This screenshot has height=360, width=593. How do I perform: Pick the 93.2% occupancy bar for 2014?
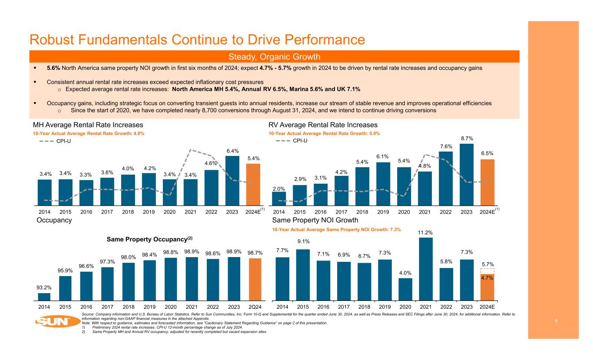tap(44, 297)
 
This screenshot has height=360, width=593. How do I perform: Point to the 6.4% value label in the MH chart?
tap(232, 151)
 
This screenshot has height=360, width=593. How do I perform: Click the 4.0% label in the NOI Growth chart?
tap(405, 273)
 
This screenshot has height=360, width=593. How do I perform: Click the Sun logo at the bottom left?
tap(53, 322)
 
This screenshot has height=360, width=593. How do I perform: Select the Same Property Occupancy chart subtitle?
tap(149, 239)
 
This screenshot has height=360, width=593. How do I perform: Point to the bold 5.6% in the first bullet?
tap(54, 68)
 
